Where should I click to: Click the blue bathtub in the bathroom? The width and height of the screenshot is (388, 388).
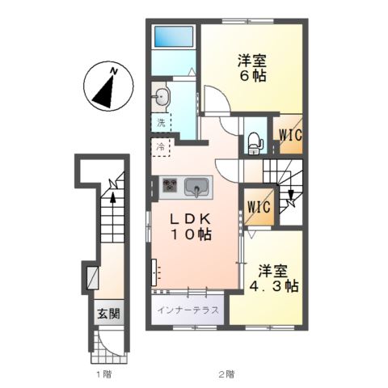pos(174,36)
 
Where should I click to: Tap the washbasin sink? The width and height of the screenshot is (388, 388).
pos(162,97)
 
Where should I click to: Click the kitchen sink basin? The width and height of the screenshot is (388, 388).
pos(196,188)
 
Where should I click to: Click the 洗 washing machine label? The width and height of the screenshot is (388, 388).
pos(161,123)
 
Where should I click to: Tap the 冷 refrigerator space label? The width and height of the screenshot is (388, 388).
pos(161,147)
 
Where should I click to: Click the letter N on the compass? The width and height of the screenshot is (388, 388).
pos(114,71)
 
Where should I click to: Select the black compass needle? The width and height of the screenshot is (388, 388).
pos(105,93)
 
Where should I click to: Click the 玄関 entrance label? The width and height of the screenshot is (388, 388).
pos(108,314)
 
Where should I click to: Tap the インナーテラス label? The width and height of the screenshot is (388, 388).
pos(188,310)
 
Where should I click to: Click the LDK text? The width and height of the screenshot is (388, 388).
pos(190,220)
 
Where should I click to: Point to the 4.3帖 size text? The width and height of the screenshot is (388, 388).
pos(274,286)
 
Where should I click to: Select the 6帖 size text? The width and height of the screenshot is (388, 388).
pos(253,76)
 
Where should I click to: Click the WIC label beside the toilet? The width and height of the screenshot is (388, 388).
pos(290,135)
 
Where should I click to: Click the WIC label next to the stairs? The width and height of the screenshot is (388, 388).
pos(259,207)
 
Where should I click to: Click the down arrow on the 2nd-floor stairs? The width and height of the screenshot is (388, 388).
pos(291,195)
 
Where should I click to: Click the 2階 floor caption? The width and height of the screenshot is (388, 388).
pos(226,374)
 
